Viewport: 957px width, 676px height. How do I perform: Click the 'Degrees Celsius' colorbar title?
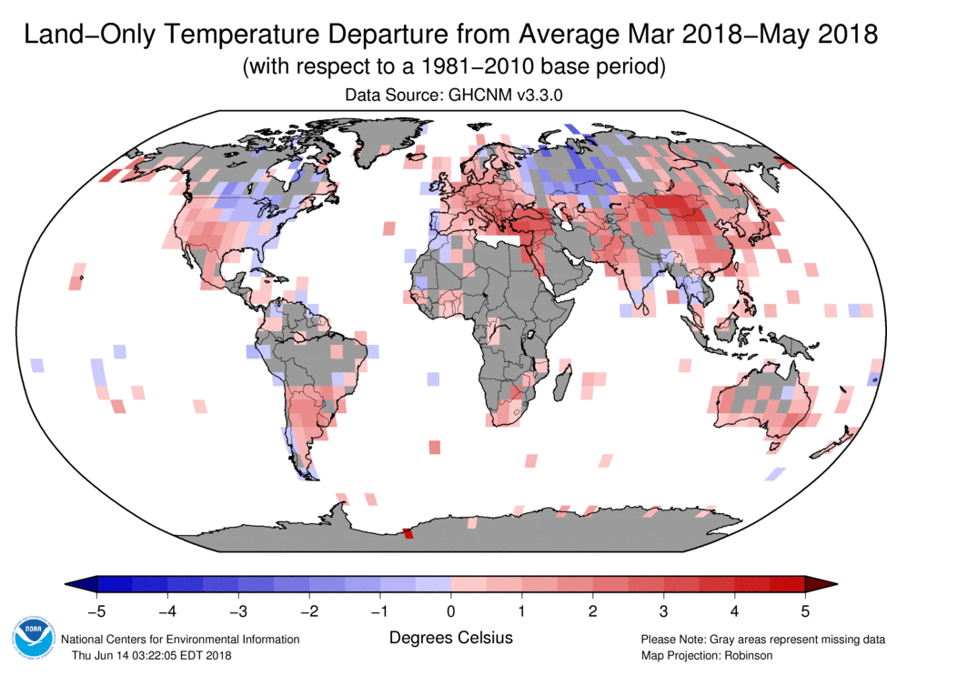pyautogui.click(x=450, y=638)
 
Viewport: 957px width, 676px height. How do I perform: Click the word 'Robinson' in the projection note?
pyautogui.click(x=744, y=655)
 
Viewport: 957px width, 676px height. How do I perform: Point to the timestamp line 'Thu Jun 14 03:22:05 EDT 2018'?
pyautogui.click(x=152, y=655)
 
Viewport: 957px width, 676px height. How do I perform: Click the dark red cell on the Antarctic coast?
pyautogui.click(x=408, y=533)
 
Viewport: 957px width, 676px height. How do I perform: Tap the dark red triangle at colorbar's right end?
pyautogui.click(x=821, y=583)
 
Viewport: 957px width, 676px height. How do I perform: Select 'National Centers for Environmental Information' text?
pyautogui.click(x=180, y=639)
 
